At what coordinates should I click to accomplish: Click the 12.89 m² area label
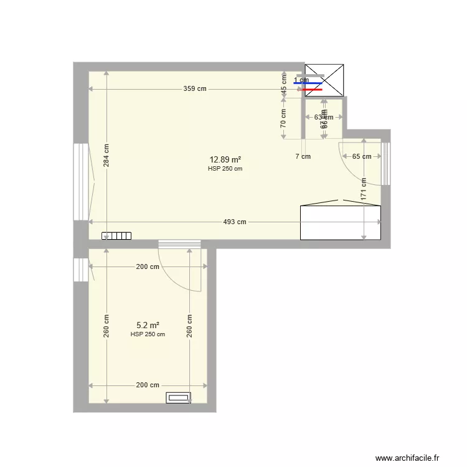(225, 159)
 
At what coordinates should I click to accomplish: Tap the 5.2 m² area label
(148, 325)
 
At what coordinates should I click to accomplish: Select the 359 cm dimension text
(194, 89)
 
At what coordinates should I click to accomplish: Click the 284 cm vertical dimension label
(106, 156)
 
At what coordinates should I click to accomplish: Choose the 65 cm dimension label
(361, 157)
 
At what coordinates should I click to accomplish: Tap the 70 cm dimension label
(283, 118)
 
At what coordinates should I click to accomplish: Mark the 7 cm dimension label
(303, 157)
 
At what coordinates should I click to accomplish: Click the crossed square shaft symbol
(324, 80)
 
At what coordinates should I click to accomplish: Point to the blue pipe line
(308, 83)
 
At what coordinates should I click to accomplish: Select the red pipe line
(313, 89)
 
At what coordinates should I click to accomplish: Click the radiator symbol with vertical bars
(116, 236)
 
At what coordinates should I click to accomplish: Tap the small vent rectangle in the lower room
(178, 397)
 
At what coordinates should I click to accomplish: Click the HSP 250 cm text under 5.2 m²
(148, 334)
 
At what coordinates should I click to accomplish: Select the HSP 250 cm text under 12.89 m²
(225, 169)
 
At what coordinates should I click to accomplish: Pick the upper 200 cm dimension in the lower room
(148, 267)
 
